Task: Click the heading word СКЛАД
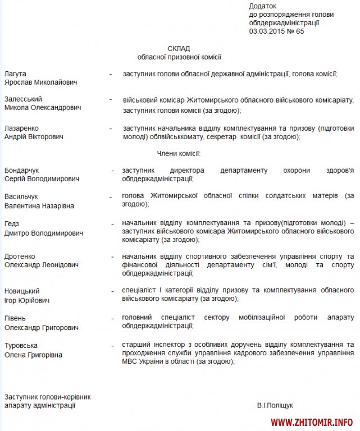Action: tap(179, 48)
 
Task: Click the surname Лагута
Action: tap(15, 74)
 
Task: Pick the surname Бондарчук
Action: tap(22, 170)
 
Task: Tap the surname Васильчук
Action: tap(21, 197)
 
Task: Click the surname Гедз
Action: tap(12, 224)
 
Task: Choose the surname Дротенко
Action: tap(20, 256)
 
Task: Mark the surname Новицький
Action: tap(22, 291)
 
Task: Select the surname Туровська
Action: tap(21, 345)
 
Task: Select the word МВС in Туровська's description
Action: tap(131, 362)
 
